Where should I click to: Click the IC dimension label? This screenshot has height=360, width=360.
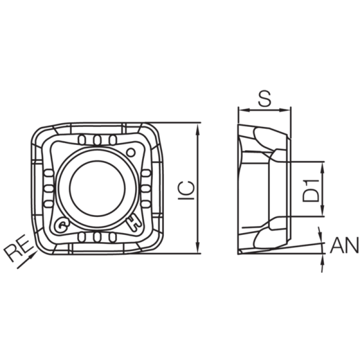coord(186,190)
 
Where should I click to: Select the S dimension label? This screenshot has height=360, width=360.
coord(265,98)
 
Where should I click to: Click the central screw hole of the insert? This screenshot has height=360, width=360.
coord(97,188)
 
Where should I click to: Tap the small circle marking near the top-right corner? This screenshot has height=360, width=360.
coord(131,152)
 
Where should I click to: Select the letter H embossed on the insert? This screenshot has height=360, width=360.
coord(134,223)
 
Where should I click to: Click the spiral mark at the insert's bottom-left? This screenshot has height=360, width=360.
coord(61,225)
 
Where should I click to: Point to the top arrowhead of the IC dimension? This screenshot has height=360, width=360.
coord(198,128)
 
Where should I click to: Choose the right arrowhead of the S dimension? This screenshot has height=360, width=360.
coord(285,110)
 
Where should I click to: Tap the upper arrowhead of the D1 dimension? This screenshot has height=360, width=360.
coord(322,167)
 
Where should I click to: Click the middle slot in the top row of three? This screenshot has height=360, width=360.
coord(97,140)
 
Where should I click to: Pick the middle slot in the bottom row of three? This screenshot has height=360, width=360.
coord(97,238)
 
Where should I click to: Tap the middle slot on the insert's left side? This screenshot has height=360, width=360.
coord(49,189)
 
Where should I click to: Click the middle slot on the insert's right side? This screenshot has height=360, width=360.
coord(145,189)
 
